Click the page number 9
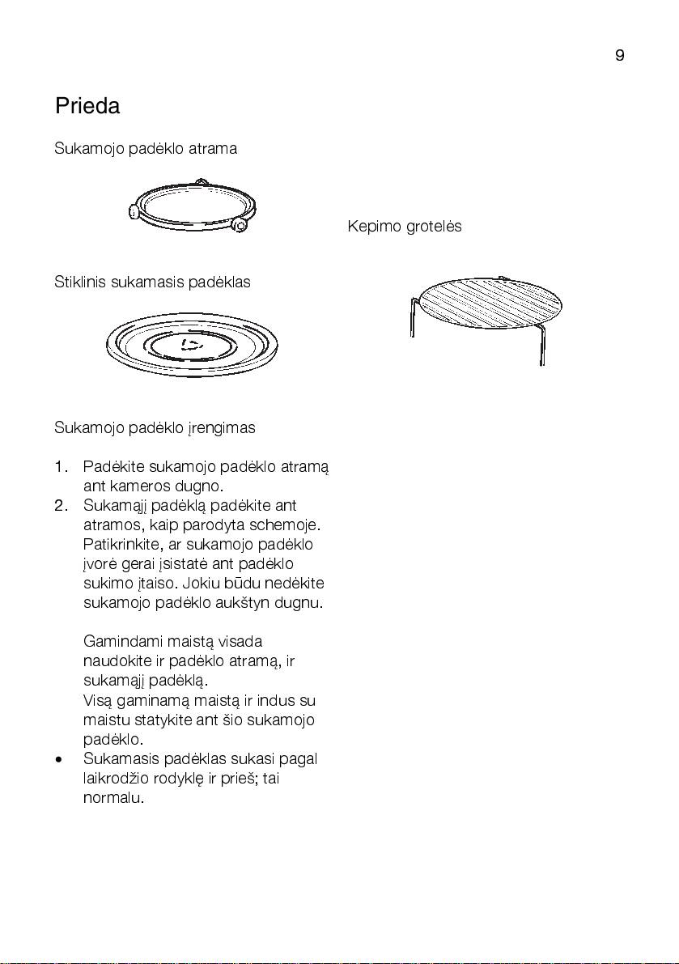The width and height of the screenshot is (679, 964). pos(619,56)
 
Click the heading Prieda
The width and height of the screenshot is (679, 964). pos(87,106)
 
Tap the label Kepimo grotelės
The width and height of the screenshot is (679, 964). pos(405,227)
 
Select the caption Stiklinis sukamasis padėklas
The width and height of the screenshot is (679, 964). pos(152,282)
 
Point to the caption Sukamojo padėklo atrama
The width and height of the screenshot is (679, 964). pos(146,149)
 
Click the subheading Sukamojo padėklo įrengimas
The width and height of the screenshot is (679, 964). pos(155,427)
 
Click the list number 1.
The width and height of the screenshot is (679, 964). pos(62,468)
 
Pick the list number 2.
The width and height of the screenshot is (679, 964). pos(62,506)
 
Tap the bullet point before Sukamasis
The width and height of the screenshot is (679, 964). pos(60,761)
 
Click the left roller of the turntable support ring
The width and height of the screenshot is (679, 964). pos(135,213)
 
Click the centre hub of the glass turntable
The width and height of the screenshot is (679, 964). pos(188,344)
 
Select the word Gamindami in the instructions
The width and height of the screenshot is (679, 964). pos(123,642)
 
